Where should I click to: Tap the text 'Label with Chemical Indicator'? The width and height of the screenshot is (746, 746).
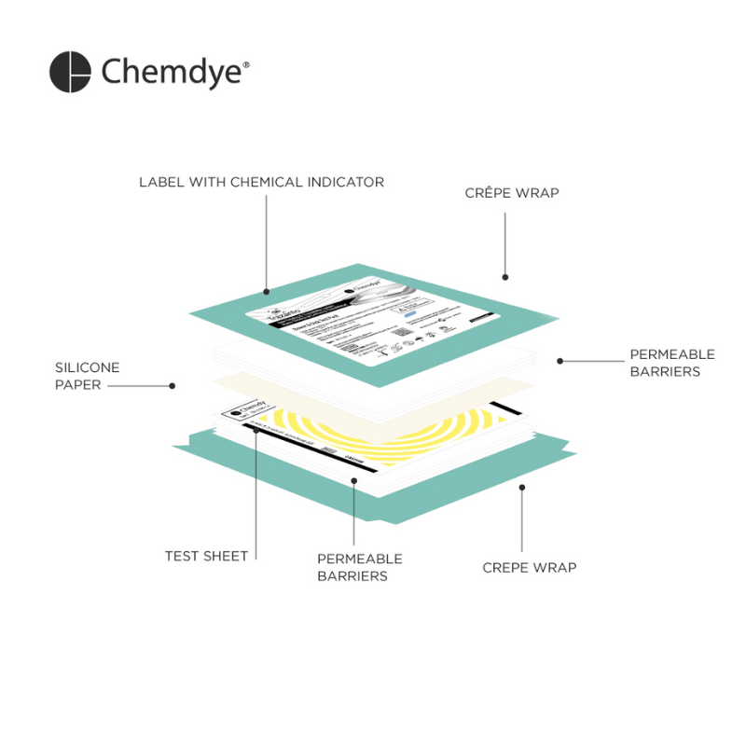pyautogui.click(x=261, y=182)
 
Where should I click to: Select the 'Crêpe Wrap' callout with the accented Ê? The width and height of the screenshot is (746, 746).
pyautogui.click(x=512, y=193)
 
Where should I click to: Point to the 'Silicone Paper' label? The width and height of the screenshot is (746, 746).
pyautogui.click(x=87, y=376)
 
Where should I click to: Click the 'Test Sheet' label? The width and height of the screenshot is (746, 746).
pyautogui.click(x=206, y=556)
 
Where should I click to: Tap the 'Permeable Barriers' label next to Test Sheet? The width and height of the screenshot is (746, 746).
pyautogui.click(x=359, y=567)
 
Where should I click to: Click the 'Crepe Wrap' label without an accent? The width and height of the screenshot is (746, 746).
pyautogui.click(x=529, y=567)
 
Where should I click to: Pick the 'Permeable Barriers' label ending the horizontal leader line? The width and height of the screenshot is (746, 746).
pyautogui.click(x=671, y=363)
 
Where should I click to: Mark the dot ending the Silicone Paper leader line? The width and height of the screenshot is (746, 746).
pyautogui.click(x=172, y=385)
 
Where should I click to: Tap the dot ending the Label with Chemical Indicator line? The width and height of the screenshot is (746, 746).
pyautogui.click(x=266, y=291)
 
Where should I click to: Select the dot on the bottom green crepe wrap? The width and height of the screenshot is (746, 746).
pyautogui.click(x=521, y=486)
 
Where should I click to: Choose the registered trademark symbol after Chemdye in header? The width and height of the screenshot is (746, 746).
pyautogui.click(x=246, y=64)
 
